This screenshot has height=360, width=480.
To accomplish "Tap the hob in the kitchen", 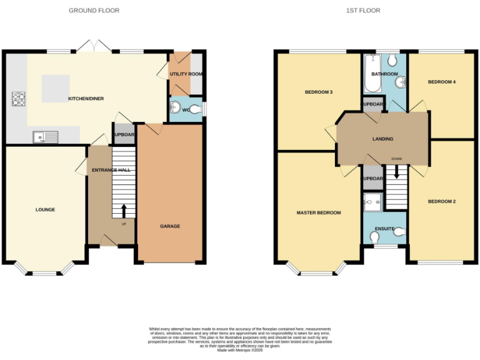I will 17,99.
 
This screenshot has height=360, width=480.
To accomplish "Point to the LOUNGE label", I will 45,209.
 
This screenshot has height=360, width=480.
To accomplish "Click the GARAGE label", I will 170,226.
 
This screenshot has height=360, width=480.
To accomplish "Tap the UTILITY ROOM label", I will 186,74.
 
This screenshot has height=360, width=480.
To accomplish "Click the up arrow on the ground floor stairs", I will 124,210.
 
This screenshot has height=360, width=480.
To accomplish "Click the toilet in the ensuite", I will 375,237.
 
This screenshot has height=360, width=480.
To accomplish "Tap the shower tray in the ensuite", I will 373,201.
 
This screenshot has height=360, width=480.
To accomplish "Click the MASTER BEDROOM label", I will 319,212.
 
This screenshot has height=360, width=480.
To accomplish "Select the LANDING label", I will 382,139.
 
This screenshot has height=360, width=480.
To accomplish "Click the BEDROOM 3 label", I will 318,92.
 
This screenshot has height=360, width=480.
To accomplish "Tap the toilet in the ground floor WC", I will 196,109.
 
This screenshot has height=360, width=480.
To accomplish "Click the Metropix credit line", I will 240,351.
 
